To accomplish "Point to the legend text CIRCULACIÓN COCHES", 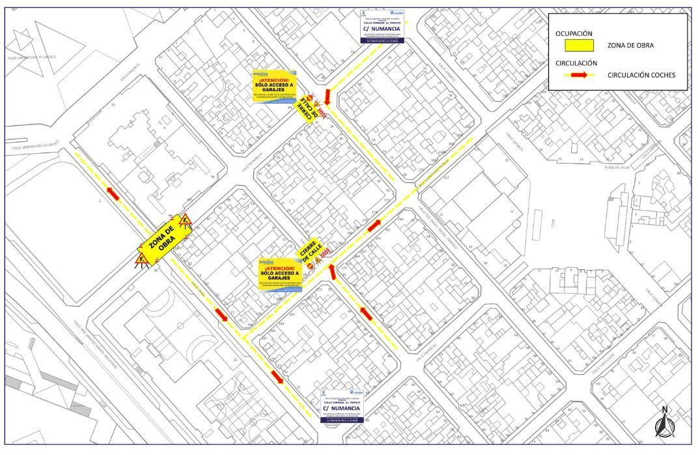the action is tap(641, 75).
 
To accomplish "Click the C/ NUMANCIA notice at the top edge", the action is tap(383, 27).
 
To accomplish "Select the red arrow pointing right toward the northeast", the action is tap(374, 226).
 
